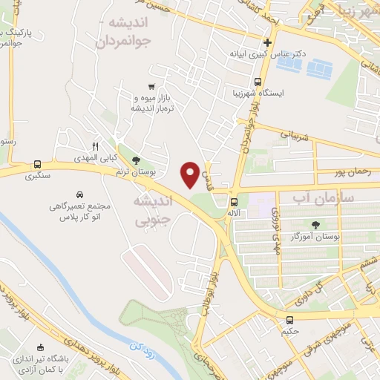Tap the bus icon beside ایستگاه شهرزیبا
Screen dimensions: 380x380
tap(258, 82)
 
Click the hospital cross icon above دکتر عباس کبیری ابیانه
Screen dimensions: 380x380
tap(267, 42)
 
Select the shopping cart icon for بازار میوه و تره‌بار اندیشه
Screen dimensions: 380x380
tap(151, 87)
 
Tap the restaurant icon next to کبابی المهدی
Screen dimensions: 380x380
tap(94, 146)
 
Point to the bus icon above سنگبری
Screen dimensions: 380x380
tap(37, 165)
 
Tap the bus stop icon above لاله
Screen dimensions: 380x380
tap(234, 201)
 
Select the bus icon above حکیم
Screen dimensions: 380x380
tap(289, 320)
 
